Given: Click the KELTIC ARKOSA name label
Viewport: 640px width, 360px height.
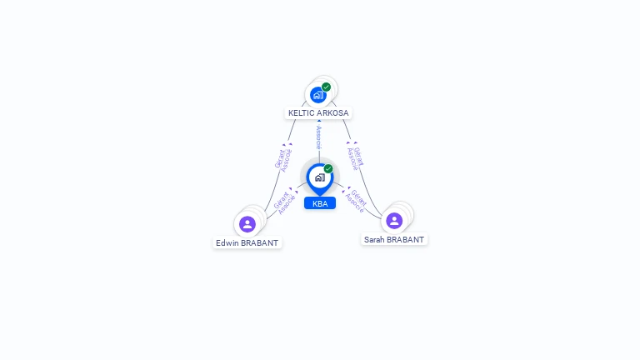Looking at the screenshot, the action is click(318, 113).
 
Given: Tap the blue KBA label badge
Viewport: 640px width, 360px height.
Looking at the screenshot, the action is click(320, 203).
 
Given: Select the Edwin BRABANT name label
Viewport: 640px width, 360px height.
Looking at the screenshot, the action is click(247, 242).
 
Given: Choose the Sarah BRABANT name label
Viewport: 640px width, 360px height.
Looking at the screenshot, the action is click(394, 240).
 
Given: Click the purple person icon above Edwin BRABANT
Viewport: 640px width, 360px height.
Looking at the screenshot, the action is click(247, 224).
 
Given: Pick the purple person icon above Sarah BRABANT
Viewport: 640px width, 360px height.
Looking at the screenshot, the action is click(394, 221).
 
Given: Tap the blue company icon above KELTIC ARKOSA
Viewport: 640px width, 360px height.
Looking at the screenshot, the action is click(318, 95).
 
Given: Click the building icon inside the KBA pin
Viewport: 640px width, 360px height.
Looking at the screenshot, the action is click(320, 177).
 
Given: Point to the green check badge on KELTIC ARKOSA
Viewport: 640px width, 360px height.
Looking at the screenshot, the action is click(326, 87).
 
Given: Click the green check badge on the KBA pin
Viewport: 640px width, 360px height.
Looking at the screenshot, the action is click(328, 168).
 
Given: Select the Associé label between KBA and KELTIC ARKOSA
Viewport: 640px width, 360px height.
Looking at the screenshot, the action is click(319, 137).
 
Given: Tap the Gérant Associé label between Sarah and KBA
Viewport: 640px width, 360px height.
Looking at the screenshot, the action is click(356, 200).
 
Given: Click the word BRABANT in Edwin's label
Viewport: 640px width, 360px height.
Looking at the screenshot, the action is click(259, 242).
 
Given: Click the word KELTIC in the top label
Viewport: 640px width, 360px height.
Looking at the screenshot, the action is click(301, 113).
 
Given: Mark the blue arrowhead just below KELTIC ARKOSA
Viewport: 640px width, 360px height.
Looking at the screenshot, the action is click(319, 121).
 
